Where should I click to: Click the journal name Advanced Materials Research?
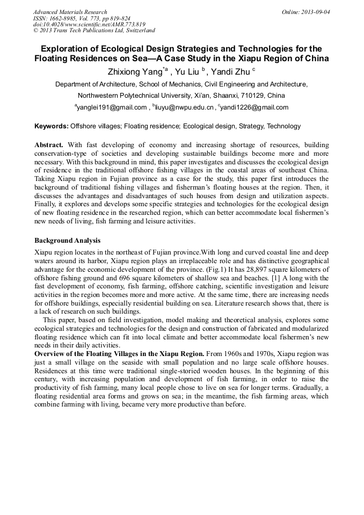click(70, 12)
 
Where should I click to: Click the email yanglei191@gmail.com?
click(112, 107)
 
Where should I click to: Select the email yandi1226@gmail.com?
click(254, 107)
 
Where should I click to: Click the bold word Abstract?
click(48, 146)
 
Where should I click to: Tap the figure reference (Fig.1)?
click(220, 269)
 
